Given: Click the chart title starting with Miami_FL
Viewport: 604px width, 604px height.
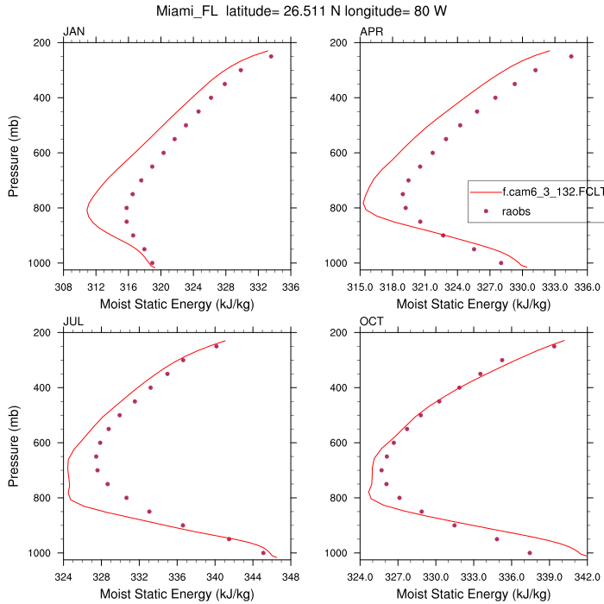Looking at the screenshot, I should coord(302,11).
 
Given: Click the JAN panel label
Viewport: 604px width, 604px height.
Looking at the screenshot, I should coord(74,32).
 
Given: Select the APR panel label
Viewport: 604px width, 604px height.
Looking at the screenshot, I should coord(371,32).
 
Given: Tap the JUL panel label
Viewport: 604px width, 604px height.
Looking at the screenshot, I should coord(73,322).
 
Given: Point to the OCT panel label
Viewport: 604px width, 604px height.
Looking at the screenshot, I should coord(371,322).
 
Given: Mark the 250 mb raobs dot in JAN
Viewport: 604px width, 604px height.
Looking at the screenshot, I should coord(271,57).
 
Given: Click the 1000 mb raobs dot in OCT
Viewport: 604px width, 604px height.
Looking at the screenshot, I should coord(530,553).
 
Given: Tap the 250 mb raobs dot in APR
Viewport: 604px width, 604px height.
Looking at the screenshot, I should coord(571,57).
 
